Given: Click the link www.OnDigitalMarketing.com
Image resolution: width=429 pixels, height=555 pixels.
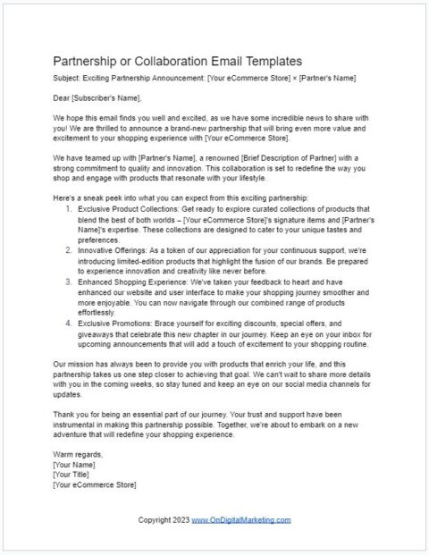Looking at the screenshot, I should click(x=240, y=519).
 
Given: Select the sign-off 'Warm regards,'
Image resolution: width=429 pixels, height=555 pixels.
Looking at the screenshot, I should click(x=77, y=455).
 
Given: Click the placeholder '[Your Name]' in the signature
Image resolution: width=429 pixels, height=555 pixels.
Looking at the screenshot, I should click(x=75, y=465).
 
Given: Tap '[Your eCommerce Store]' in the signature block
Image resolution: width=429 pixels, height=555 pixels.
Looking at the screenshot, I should click(x=94, y=484).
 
